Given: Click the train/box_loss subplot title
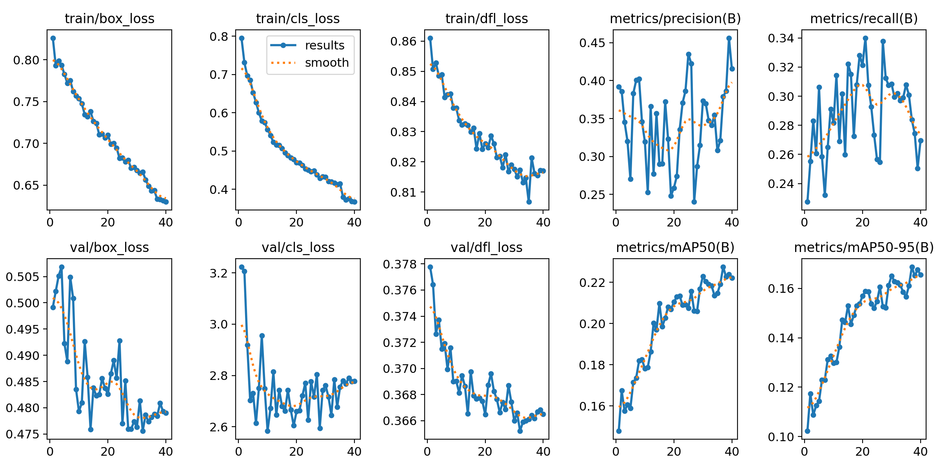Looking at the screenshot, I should click(x=109, y=18).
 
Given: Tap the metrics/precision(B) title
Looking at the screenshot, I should click(x=675, y=18).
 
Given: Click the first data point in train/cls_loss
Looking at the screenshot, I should click(x=242, y=38).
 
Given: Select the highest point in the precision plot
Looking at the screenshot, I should click(x=729, y=38).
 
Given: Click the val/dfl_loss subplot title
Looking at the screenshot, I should click(x=487, y=247).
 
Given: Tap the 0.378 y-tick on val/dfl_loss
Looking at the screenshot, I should click(x=400, y=264).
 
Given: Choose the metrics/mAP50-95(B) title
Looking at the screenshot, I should click(x=864, y=247).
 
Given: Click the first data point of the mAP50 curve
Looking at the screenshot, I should click(x=619, y=431).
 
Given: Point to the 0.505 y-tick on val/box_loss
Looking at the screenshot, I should click(x=23, y=277).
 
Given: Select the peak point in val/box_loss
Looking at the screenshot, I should click(x=62, y=267).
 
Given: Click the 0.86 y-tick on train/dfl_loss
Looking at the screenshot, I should click(x=403, y=41).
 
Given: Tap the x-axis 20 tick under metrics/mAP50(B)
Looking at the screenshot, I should click(x=674, y=451).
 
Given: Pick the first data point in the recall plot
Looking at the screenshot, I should click(x=807, y=202).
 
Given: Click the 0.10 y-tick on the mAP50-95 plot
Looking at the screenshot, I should click(x=781, y=437).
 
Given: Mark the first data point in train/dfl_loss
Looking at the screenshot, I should click(x=430, y=38).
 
